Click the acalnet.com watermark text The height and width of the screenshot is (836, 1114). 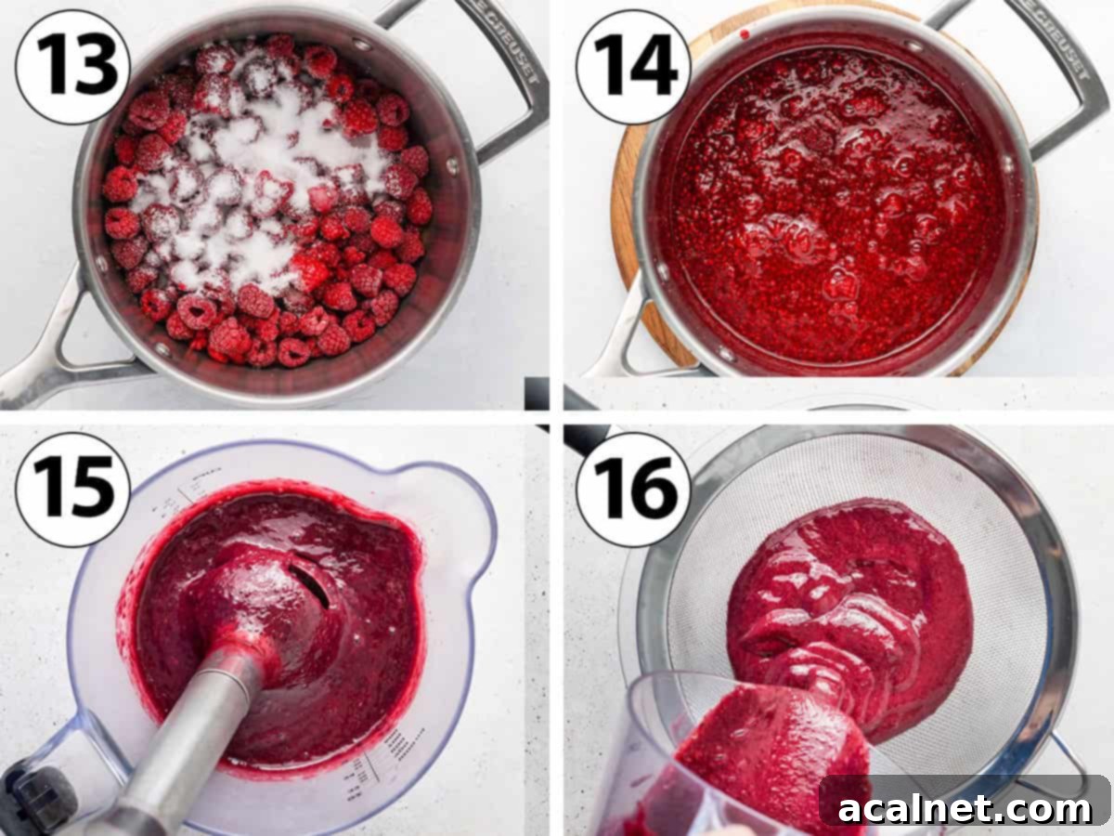point(965,808)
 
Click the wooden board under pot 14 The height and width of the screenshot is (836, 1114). point(631,232)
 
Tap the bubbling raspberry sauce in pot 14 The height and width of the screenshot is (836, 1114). point(835,204)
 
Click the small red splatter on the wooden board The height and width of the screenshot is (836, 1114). point(744,35)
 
